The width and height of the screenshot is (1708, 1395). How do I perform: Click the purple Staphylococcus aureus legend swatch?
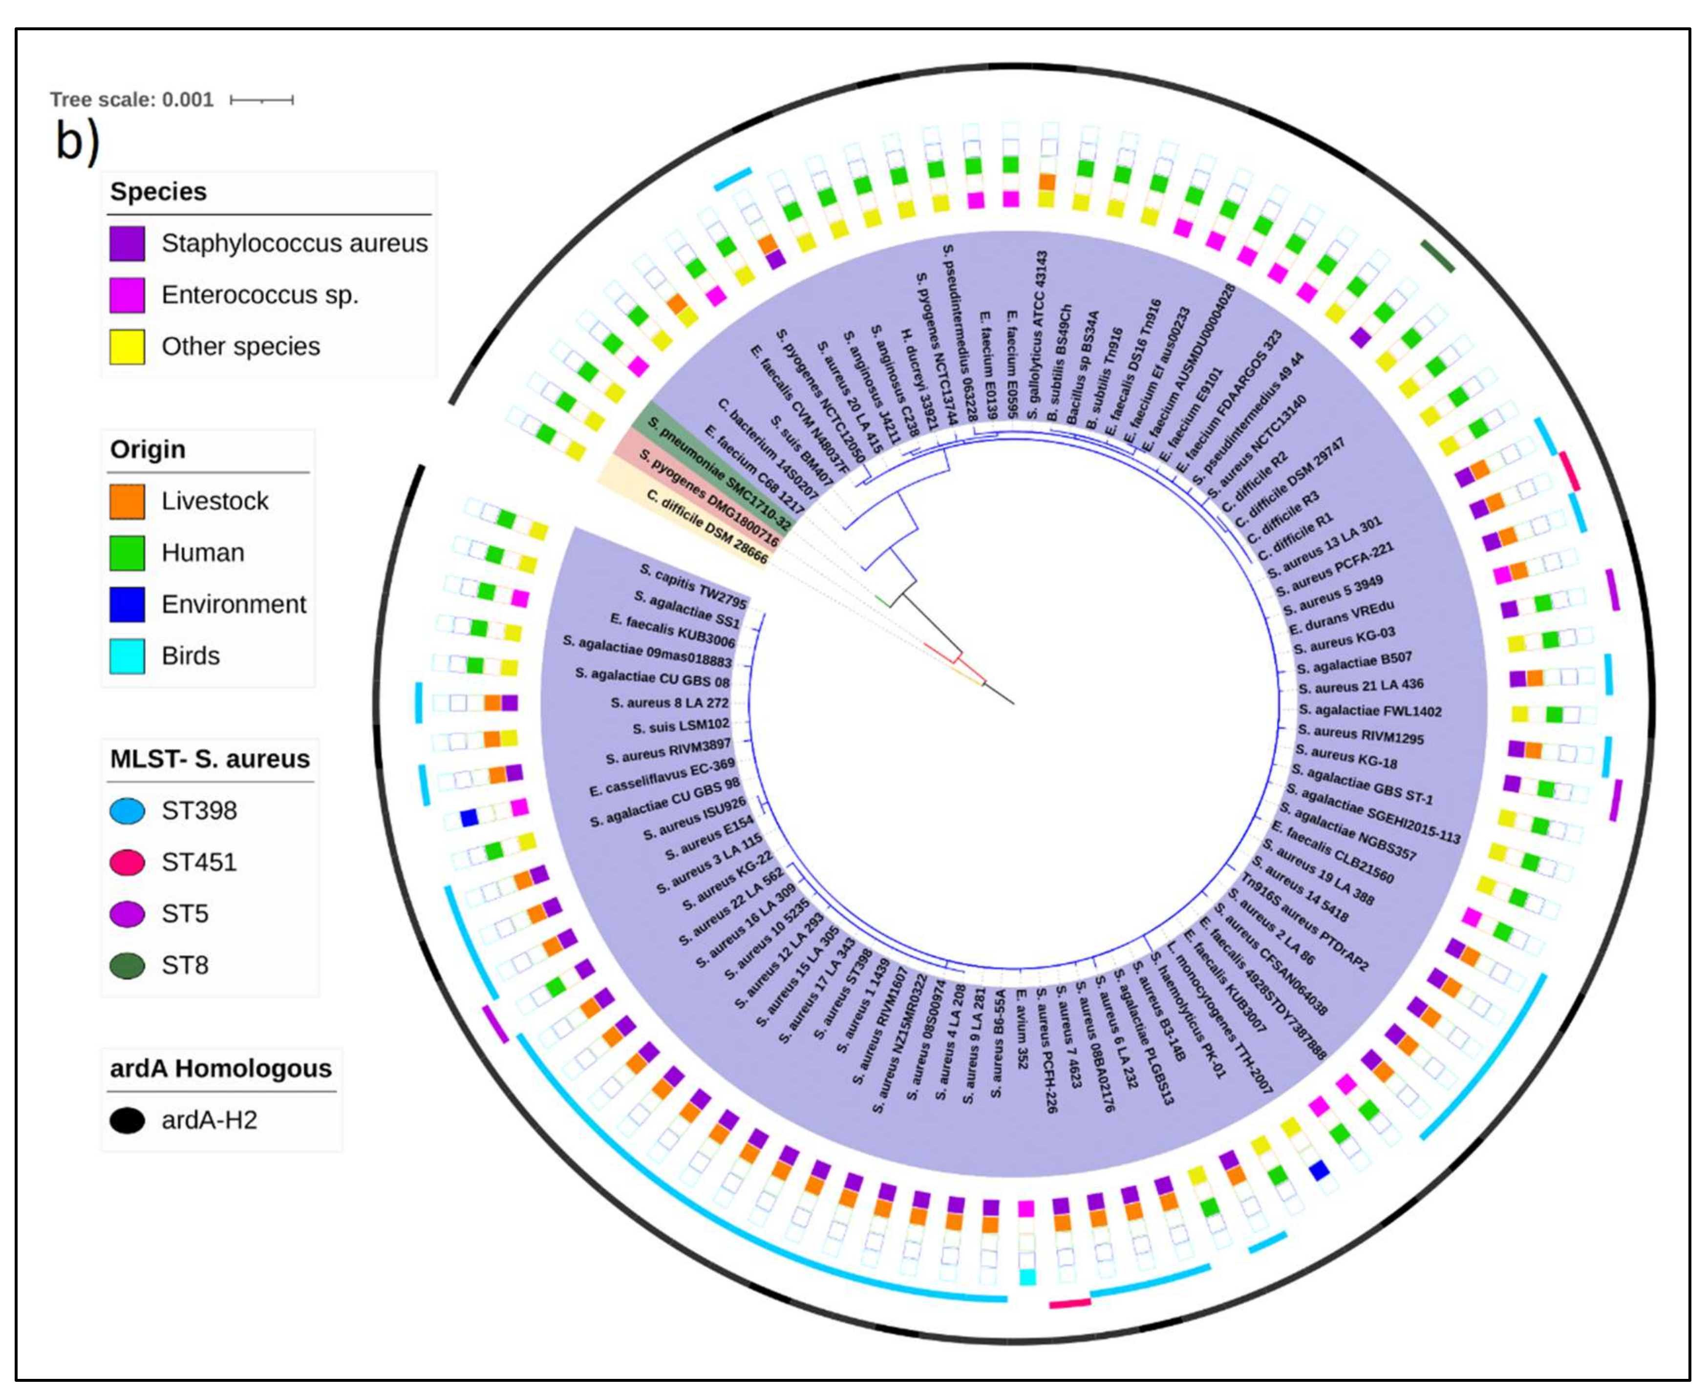pyautogui.click(x=127, y=243)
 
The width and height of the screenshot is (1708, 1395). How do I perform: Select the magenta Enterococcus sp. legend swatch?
pyautogui.click(x=127, y=295)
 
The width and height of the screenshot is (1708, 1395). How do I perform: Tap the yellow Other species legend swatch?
pyautogui.click(x=127, y=346)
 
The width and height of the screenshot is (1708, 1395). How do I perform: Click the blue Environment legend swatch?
pyautogui.click(x=127, y=604)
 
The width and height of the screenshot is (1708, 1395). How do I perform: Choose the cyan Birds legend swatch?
pyautogui.click(x=127, y=655)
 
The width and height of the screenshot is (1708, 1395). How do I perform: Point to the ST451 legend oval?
pyautogui.click(x=127, y=862)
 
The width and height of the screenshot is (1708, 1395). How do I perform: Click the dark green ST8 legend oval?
pyautogui.click(x=127, y=965)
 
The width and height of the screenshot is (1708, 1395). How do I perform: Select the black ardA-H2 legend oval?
pyautogui.click(x=127, y=1120)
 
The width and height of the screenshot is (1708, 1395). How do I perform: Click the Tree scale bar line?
pyautogui.click(x=261, y=100)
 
